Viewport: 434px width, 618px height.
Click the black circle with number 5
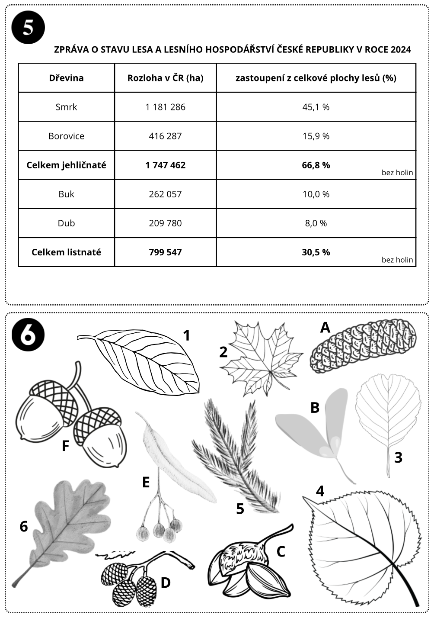tap(28, 27)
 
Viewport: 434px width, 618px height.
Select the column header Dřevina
tap(66, 78)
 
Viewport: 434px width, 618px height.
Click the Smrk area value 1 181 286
tap(165, 107)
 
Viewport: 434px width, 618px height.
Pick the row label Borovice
tap(66, 136)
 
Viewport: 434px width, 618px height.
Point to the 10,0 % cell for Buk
tap(316, 194)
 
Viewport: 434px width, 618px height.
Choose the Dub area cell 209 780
tap(165, 223)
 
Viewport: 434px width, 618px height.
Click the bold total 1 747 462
tap(165, 165)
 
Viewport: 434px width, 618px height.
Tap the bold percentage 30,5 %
tap(316, 252)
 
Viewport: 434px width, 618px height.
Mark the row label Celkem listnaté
tap(66, 252)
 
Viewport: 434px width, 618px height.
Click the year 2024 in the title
tap(400, 49)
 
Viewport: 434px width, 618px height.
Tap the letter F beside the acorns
tap(65, 445)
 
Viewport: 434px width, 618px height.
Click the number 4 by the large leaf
tap(320, 491)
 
